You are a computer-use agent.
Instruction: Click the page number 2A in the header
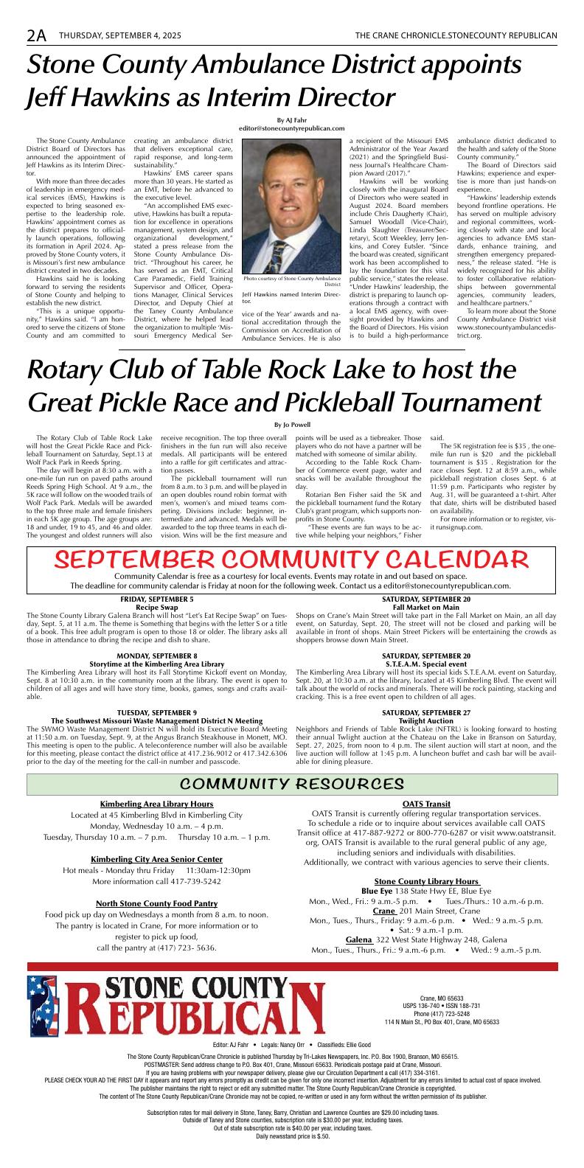pyautogui.click(x=36, y=34)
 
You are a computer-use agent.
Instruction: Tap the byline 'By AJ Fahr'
pyautogui.click(x=291, y=119)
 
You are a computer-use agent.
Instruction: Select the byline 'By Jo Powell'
pyautogui.click(x=291, y=424)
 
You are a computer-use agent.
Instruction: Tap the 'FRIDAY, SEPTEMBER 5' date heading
pyautogui.click(x=157, y=599)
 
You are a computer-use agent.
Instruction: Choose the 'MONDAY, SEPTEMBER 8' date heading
pyautogui.click(x=158, y=655)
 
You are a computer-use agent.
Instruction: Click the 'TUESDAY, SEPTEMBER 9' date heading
pyautogui.click(x=158, y=712)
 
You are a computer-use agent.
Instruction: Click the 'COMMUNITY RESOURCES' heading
pyautogui.click(x=291, y=782)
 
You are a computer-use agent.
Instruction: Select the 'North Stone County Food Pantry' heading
pyautogui.click(x=156, y=903)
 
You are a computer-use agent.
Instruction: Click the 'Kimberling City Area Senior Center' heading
pyautogui.click(x=156, y=859)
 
